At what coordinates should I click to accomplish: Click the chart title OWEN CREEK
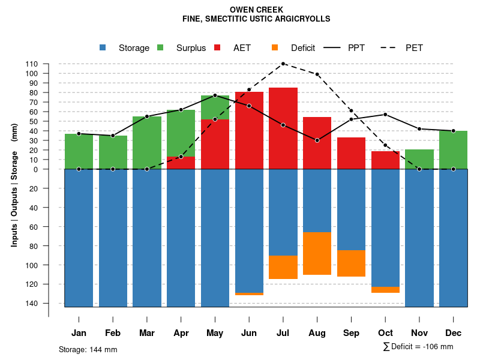pyautogui.click(x=256, y=10)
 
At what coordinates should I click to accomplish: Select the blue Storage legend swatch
pyautogui.click(x=103, y=47)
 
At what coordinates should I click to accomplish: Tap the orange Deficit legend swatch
pyautogui.click(x=275, y=47)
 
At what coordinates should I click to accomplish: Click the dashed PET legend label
pyautogui.click(x=414, y=48)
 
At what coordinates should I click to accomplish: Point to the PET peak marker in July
pyautogui.click(x=283, y=64)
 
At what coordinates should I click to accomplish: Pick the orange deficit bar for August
pyautogui.click(x=317, y=253)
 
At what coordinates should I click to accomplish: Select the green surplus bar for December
pyautogui.click(x=453, y=150)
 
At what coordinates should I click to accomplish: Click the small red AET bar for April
pyautogui.click(x=181, y=163)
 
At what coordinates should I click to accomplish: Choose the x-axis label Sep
pyautogui.click(x=351, y=333)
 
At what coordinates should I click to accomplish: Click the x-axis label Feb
pyautogui.click(x=113, y=333)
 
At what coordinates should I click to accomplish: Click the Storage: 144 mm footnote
pyautogui.click(x=88, y=349)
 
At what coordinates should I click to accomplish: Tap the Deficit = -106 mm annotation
pyautogui.click(x=418, y=347)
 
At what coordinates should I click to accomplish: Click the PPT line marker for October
pyautogui.click(x=385, y=115)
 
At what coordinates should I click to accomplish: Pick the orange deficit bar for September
pyautogui.click(x=351, y=263)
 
